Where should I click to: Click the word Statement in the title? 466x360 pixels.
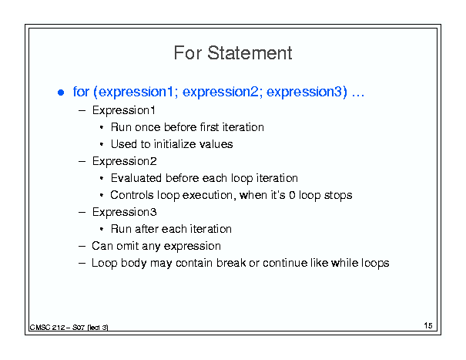click(x=250, y=53)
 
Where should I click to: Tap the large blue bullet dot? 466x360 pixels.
click(x=61, y=93)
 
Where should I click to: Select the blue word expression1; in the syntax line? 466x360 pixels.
click(x=138, y=92)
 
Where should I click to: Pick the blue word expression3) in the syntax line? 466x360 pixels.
click(x=307, y=92)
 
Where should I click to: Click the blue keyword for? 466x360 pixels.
click(x=81, y=91)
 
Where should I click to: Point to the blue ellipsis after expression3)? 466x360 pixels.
click(x=358, y=96)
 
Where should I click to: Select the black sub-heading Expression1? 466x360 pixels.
click(x=124, y=110)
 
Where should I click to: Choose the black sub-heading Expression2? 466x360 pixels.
click(x=124, y=161)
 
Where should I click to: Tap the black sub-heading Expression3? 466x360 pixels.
click(x=124, y=212)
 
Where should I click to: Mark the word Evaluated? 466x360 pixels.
click(x=136, y=178)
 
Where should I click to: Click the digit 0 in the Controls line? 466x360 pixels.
click(x=292, y=195)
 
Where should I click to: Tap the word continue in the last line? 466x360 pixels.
click(x=285, y=263)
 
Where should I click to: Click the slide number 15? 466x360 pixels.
click(x=428, y=325)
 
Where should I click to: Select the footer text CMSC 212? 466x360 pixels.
click(x=47, y=328)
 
